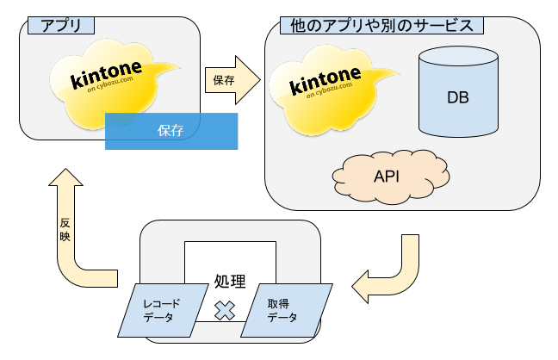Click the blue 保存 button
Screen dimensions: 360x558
[170, 131]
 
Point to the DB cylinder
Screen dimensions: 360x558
[457, 95]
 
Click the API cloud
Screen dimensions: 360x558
[385, 177]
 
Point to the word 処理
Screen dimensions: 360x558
[229, 281]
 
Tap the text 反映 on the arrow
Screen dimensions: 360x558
[65, 229]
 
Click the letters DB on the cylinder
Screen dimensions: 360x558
[457, 96]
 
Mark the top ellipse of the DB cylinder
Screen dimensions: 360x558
[457, 57]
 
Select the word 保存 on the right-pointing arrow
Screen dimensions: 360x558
[224, 81]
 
